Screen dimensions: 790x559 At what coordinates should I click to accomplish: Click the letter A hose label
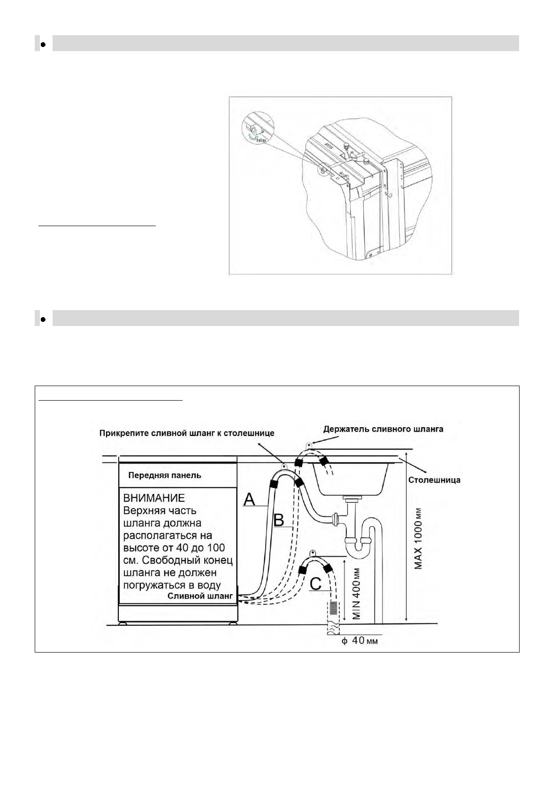pos(249,500)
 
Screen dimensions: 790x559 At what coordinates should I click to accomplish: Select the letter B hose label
pos(279,520)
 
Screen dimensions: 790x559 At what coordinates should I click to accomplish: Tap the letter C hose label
pos(315,584)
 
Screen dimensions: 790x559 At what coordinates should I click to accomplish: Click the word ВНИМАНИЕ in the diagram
pos(153,498)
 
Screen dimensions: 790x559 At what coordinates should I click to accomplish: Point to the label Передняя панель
pos(165,475)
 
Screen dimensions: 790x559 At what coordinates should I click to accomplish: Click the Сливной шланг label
pos(200,596)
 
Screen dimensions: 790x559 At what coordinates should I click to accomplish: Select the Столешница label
pos(434,480)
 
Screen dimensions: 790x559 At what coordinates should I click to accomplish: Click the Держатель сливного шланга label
pos(383,429)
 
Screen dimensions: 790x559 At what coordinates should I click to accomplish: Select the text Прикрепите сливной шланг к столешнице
pos(187,433)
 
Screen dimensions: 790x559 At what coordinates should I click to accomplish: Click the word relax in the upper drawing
pos(261,140)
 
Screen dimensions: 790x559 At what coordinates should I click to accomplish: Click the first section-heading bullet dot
pos(43,45)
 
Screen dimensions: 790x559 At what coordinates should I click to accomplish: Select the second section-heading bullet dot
pos(43,319)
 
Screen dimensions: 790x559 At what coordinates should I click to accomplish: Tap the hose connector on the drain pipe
pos(336,519)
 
